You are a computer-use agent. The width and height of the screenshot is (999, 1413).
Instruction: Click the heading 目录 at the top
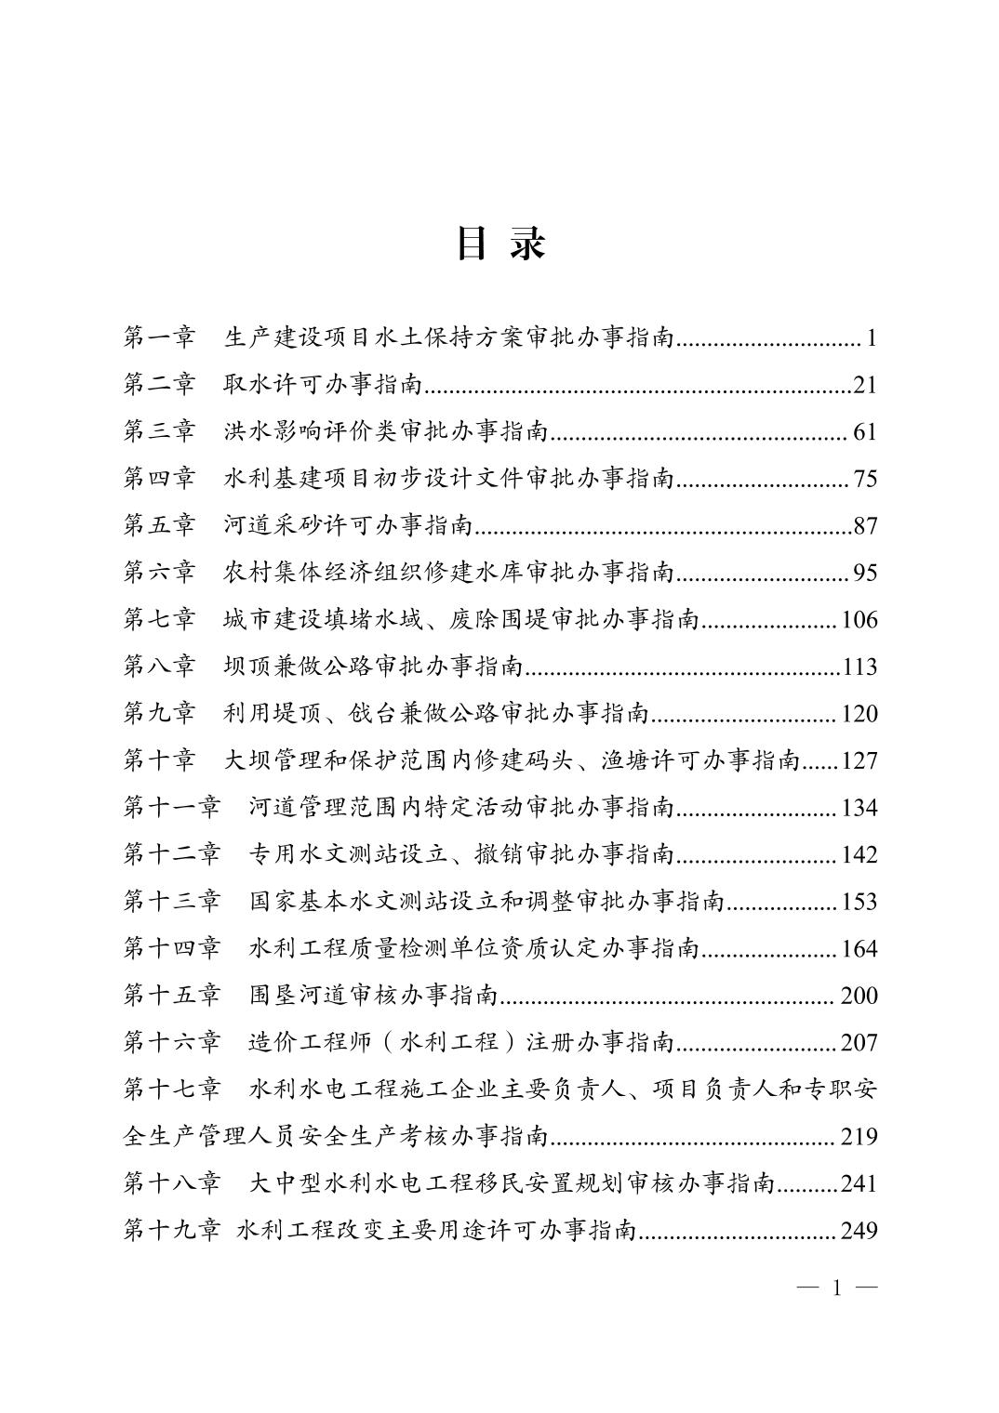click(499, 244)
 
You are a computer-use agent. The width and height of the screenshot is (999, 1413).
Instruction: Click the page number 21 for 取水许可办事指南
click(865, 385)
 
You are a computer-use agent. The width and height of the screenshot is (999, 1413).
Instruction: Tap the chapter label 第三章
click(160, 431)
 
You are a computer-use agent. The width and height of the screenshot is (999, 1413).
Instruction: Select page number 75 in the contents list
click(865, 479)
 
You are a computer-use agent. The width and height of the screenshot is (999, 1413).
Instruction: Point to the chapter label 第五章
click(160, 526)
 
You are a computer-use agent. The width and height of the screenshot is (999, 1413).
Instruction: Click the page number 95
click(865, 573)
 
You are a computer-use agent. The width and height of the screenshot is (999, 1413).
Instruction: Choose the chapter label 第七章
click(160, 619)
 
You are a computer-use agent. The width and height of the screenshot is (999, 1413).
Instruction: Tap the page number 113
click(859, 667)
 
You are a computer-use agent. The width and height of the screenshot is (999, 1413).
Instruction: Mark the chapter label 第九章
click(160, 714)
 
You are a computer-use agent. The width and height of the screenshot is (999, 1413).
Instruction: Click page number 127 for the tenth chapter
click(859, 761)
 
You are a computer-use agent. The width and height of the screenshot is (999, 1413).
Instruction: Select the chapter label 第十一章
click(172, 807)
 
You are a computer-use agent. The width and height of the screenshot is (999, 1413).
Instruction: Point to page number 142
click(859, 854)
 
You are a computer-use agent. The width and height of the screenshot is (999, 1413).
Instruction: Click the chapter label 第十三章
click(172, 902)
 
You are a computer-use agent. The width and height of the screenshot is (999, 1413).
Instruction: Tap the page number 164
click(859, 949)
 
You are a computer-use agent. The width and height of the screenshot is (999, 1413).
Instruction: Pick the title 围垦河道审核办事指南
click(374, 996)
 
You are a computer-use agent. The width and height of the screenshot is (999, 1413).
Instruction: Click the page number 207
click(859, 1043)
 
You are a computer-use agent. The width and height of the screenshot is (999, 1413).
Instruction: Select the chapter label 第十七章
click(172, 1089)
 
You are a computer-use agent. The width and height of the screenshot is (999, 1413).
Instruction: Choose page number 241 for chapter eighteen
click(859, 1183)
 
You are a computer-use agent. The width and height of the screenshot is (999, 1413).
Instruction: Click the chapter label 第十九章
click(172, 1231)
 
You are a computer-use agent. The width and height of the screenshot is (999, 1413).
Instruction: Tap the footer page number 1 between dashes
click(838, 1288)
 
